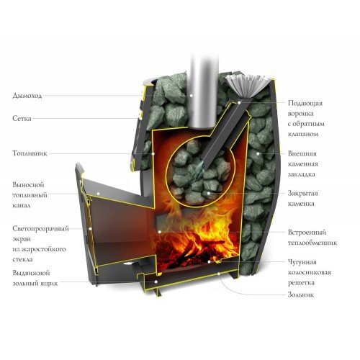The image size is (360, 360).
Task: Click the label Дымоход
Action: point(28,94)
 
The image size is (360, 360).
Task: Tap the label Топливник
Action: point(30,153)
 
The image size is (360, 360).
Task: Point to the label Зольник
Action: point(300,295)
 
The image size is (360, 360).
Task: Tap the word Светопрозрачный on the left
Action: point(40,228)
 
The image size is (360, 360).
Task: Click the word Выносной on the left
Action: point(29,184)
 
